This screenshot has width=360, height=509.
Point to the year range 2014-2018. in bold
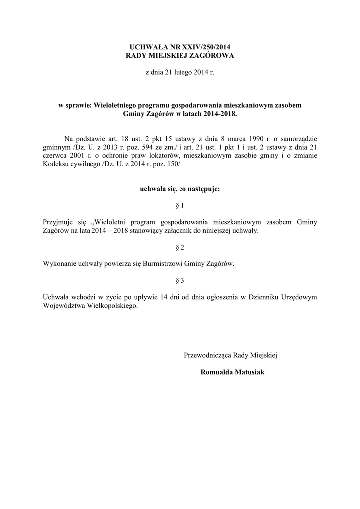(217, 114)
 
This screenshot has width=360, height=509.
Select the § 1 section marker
(180, 206)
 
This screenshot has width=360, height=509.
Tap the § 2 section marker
(180, 248)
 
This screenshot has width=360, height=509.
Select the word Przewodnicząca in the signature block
(206, 355)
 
